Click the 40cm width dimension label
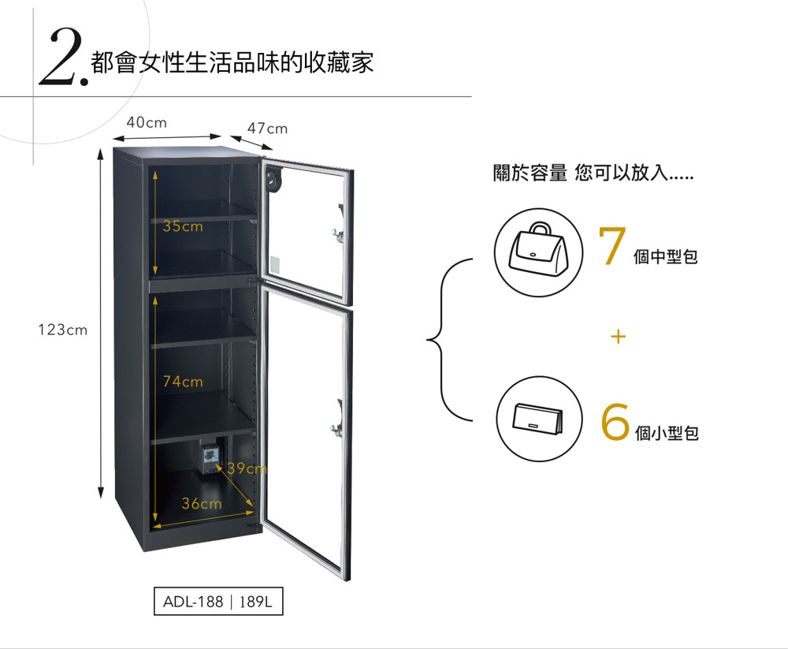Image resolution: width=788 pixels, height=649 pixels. [x=147, y=122]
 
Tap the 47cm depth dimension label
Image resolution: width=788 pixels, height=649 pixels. [x=267, y=129]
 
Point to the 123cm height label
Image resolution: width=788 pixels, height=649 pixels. [x=63, y=330]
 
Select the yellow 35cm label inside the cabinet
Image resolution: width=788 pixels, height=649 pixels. [x=183, y=226]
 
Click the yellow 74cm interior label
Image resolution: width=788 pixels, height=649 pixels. [x=183, y=382]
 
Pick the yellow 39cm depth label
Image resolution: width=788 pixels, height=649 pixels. [x=247, y=469]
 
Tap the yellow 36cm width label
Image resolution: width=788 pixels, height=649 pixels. [x=202, y=503]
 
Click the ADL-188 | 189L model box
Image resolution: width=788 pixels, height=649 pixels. [x=218, y=601]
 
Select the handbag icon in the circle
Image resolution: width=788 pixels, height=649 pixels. [x=539, y=249]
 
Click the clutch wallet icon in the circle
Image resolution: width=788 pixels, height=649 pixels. [x=537, y=419]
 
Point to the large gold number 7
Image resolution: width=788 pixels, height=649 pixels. [x=612, y=245]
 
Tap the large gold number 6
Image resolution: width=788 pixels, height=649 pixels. [x=615, y=422]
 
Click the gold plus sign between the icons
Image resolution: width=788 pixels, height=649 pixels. [x=619, y=336]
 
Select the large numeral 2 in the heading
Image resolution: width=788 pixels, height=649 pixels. [x=61, y=56]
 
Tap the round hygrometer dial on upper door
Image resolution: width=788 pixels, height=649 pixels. [x=273, y=179]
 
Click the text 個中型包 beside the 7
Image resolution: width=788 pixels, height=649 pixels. [x=665, y=256]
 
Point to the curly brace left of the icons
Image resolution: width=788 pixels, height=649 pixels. [x=442, y=340]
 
